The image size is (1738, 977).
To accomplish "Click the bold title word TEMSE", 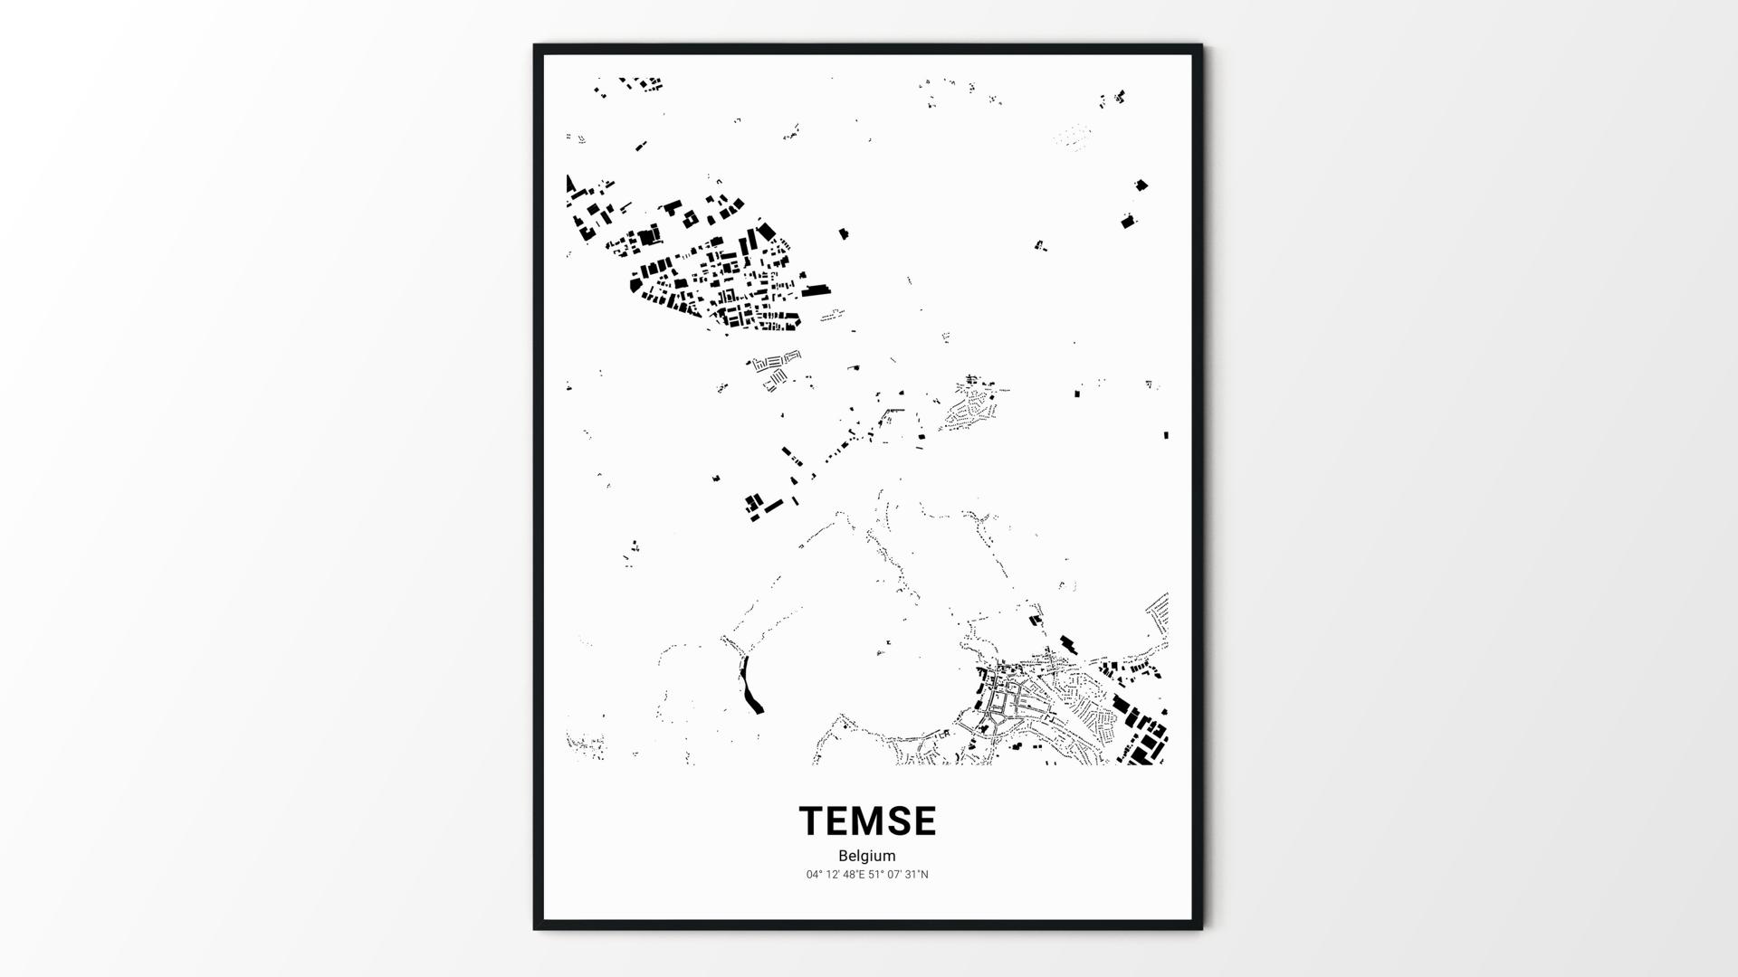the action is pyautogui.click(x=867, y=821).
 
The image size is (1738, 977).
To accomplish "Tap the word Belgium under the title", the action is pyautogui.click(x=866, y=856).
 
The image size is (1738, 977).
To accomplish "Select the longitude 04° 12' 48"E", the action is pyautogui.click(x=836, y=875).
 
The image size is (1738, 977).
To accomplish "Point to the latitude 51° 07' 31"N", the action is pyautogui.click(x=899, y=875).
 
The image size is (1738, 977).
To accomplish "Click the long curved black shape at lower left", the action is pyautogui.click(x=750, y=685).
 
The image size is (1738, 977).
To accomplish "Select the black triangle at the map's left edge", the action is pyautogui.click(x=570, y=185).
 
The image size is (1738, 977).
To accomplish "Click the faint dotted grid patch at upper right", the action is pyautogui.click(x=1073, y=137).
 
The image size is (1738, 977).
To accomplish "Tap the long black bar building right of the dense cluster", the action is pyautogui.click(x=816, y=290).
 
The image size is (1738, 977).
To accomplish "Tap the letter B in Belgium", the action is pyautogui.click(x=843, y=856).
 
